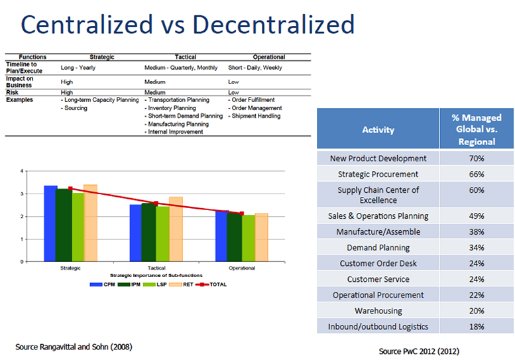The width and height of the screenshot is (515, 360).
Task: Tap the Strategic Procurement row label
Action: [378, 174]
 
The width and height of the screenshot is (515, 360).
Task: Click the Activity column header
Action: [378, 129]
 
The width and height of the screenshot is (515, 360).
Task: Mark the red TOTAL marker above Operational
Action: [241, 213]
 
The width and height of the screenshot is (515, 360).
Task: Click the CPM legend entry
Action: [99, 285]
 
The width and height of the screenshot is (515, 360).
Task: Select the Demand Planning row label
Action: [378, 247]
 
